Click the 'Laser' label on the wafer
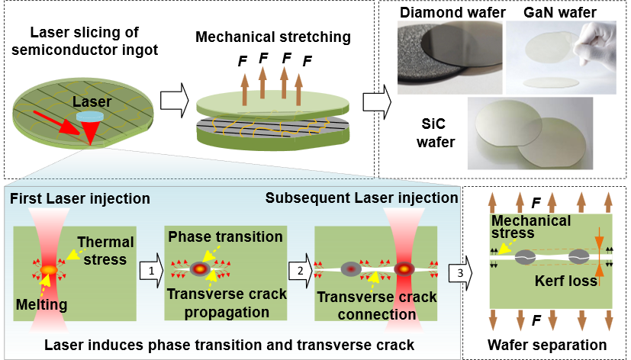click(92, 101)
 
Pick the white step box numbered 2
click(300, 270)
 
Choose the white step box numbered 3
click(459, 272)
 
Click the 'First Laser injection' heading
click(80, 199)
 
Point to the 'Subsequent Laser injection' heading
click(362, 198)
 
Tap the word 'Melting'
click(41, 305)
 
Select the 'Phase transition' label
click(225, 236)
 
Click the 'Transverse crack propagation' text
click(227, 303)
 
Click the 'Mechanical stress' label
click(531, 227)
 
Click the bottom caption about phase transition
click(229, 345)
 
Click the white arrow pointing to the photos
click(376, 101)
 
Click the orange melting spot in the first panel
click(48, 269)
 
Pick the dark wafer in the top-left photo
click(450, 42)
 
